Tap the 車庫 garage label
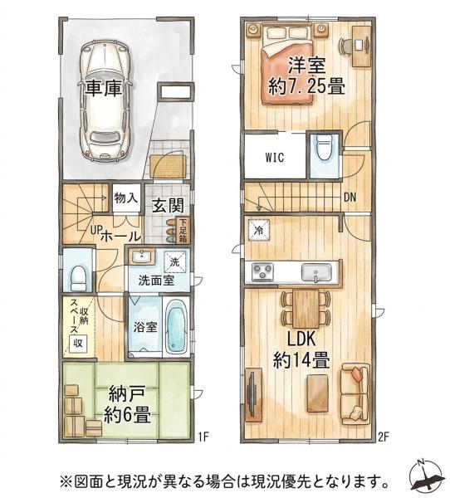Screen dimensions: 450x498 (x=103, y=87)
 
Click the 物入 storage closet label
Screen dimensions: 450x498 (x=126, y=198)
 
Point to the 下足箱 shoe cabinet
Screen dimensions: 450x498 (x=183, y=231)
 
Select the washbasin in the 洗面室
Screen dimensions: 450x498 (x=143, y=256)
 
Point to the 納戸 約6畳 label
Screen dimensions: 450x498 (x=127, y=406)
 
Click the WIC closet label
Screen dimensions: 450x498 (x=275, y=158)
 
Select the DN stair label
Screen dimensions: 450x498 (x=350, y=198)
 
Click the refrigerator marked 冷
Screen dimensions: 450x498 (x=259, y=230)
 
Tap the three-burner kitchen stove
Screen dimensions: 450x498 (x=263, y=272)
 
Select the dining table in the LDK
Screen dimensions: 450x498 (x=306, y=309)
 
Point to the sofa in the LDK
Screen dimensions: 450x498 (x=355, y=393)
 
